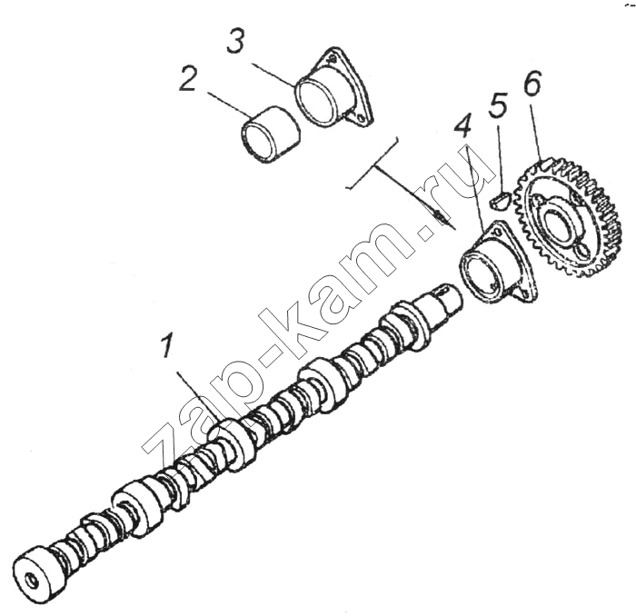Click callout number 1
pos(166,345)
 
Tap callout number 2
pos(190,79)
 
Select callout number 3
pos(235,42)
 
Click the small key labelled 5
pos(498,200)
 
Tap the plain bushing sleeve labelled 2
pos(271,135)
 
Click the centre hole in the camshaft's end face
pos(31,581)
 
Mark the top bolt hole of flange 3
pos(333,59)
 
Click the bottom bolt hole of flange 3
pos(360,118)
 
